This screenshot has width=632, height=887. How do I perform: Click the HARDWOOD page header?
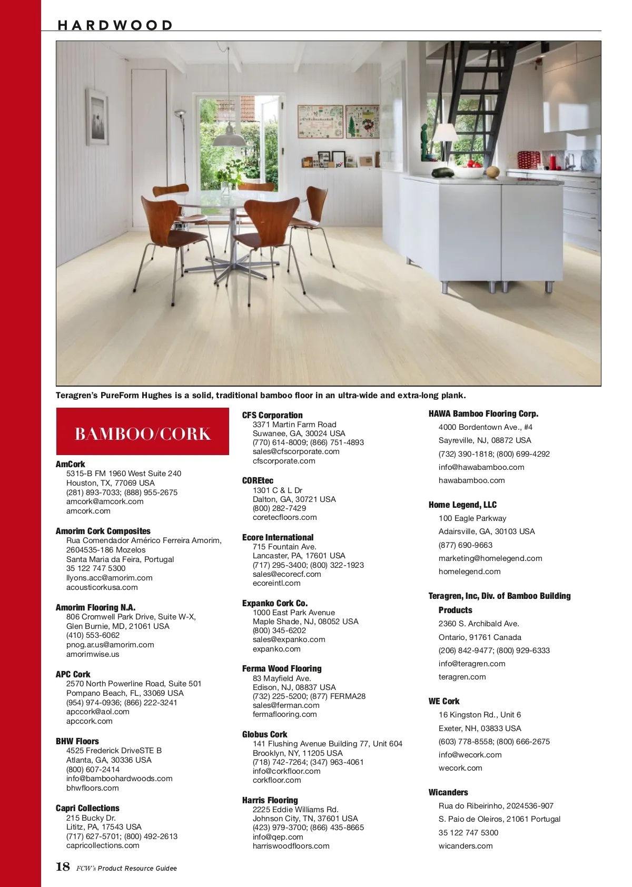tap(115, 25)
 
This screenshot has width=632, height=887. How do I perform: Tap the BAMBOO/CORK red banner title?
tap(142, 433)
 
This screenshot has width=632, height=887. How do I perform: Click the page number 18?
tap(63, 866)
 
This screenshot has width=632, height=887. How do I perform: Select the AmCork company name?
tap(70, 464)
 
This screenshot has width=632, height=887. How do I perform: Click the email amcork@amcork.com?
tap(105, 501)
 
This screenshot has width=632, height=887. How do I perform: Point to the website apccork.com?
tap(89, 721)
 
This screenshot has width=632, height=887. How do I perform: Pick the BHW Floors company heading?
tap(77, 741)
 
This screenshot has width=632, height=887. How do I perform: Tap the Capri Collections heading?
tap(87, 808)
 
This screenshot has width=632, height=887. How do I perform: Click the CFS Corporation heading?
tap(272, 415)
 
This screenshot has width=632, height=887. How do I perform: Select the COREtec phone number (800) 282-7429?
tap(279, 508)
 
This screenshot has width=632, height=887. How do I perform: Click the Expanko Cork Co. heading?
tap(274, 603)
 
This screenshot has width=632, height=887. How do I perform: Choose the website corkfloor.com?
tap(276, 780)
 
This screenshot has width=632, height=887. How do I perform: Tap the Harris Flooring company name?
tap(270, 800)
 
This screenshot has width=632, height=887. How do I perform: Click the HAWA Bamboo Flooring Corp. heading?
tap(483, 413)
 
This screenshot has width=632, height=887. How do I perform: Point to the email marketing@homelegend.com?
tap(490, 558)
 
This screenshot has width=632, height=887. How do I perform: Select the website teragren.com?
tap(462, 677)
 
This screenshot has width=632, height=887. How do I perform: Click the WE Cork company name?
tap(443, 701)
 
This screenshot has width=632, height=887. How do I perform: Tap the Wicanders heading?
tap(448, 792)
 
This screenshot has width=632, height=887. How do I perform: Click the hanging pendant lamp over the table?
tap(229, 139)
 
